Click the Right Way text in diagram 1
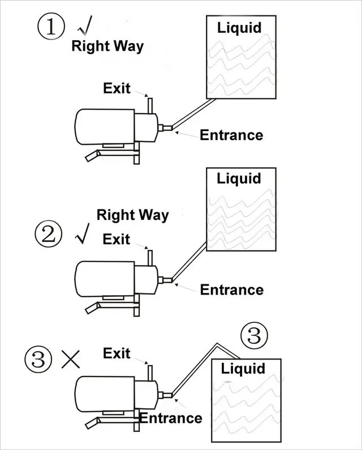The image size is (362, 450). coord(107,46)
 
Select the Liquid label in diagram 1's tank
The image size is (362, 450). coord(239,27)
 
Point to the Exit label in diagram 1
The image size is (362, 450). coord(117,88)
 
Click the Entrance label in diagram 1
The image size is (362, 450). coord(231,135)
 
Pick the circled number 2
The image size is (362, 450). coord(49,234)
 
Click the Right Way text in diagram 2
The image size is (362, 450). coord(132,215)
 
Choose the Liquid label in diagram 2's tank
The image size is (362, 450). coord(239,179)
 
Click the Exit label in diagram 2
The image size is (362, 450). coord(116,239)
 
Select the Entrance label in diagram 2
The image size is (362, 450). coord(232,290)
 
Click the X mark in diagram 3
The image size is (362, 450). coord(70,358)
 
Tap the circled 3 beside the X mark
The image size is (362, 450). coord(38,358)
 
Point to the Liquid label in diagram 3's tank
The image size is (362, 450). coord(243,369)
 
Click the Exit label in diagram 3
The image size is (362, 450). coord(117,353)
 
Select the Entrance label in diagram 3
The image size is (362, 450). coord(171,418)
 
